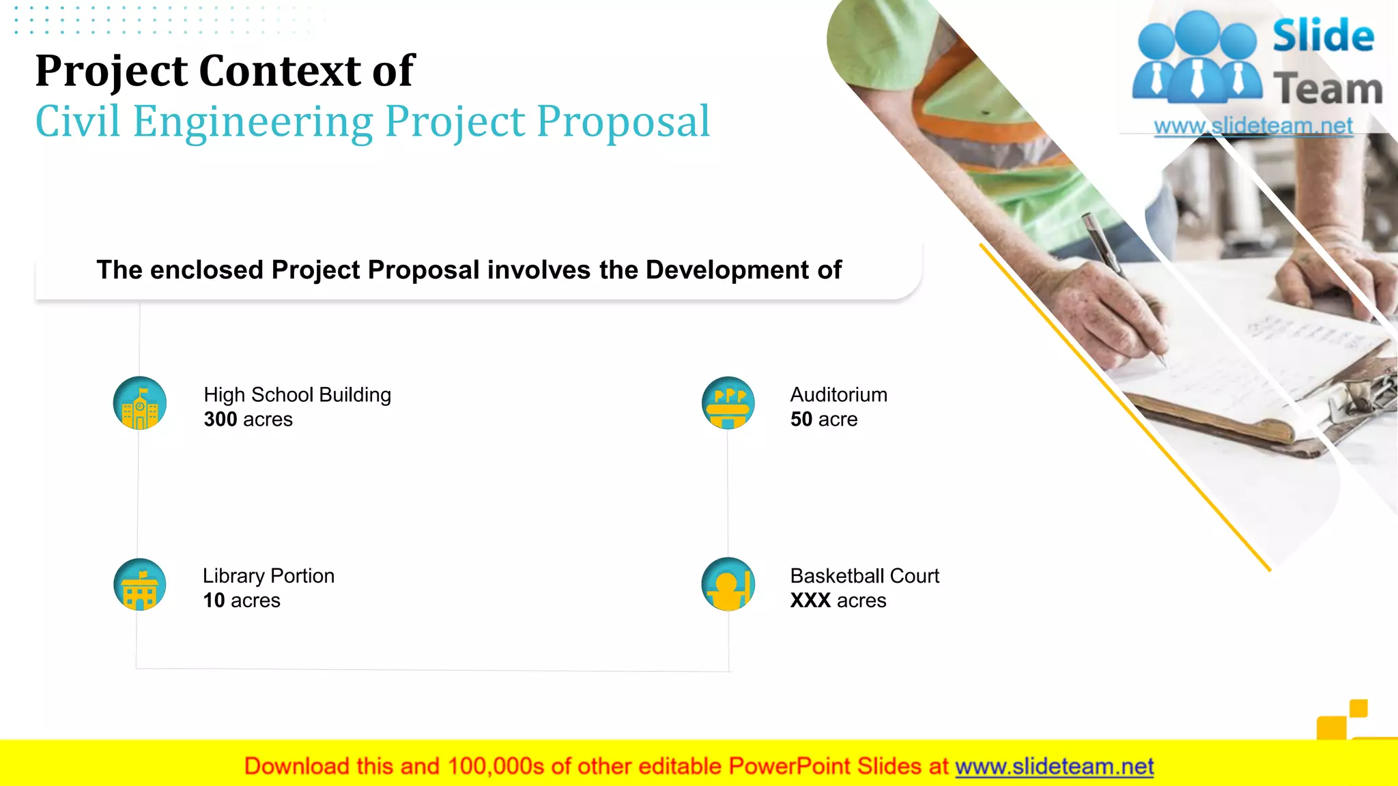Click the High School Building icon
click(x=140, y=403)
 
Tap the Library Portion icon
click(x=140, y=585)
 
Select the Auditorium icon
click(x=728, y=403)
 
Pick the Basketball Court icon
click(x=728, y=585)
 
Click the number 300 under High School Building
click(x=220, y=420)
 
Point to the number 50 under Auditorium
click(x=801, y=420)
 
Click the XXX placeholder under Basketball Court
click(x=810, y=601)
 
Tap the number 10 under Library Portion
click(x=214, y=601)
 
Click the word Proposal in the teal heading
click(x=623, y=121)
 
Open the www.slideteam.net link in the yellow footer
click(x=1054, y=767)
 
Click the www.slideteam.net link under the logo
click(x=1253, y=126)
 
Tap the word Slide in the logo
click(x=1323, y=37)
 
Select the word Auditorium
click(x=839, y=395)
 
